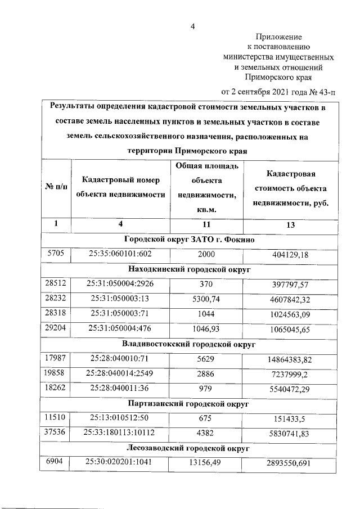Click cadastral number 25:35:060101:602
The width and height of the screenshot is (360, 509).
click(120, 254)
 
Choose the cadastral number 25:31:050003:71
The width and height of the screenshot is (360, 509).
click(120, 314)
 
